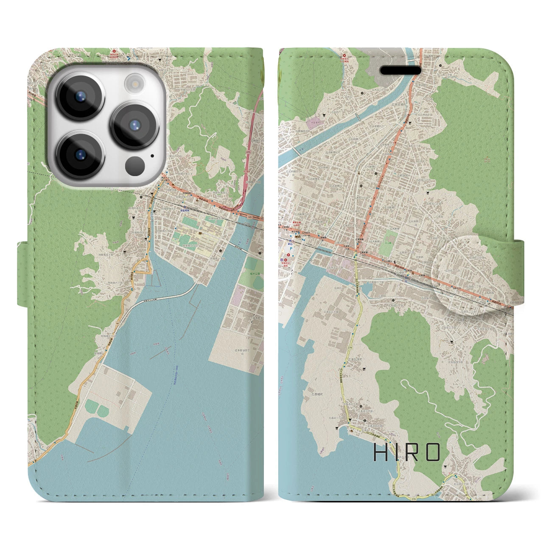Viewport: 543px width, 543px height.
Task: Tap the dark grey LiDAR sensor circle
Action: [135, 163]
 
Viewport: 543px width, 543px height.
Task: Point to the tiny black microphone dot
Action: [151, 155]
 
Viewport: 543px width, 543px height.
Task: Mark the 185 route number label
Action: [250, 217]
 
